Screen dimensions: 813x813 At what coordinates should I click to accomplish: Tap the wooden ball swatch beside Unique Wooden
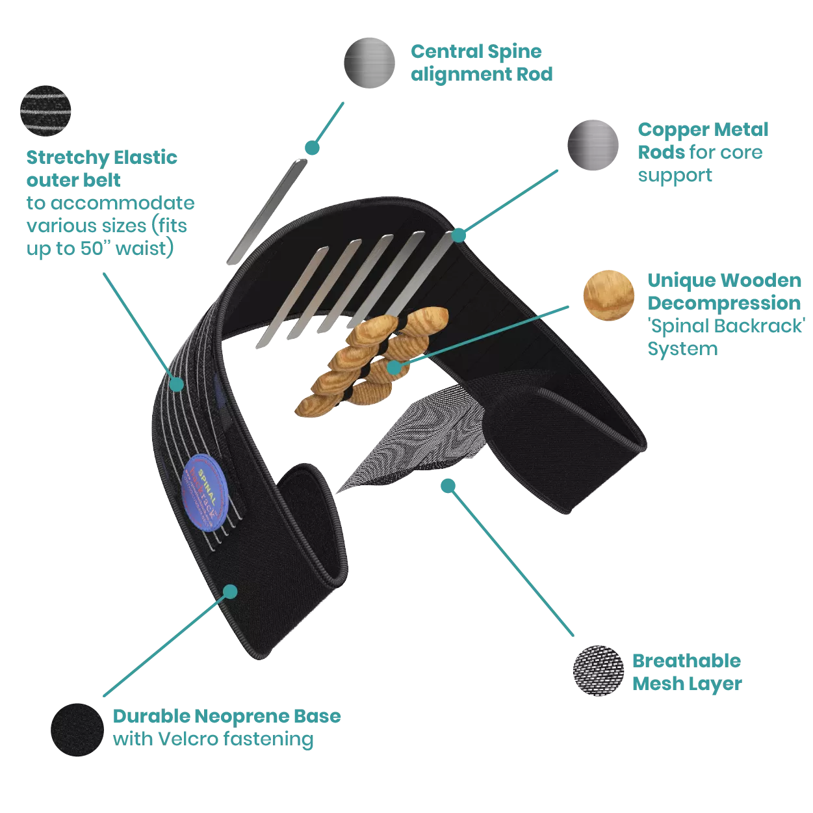(x=608, y=295)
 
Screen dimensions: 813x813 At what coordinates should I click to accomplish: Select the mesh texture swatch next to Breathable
(x=598, y=671)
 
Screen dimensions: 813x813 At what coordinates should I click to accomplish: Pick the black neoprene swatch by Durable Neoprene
(x=75, y=730)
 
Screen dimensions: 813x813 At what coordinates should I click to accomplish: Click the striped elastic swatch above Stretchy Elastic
(x=44, y=111)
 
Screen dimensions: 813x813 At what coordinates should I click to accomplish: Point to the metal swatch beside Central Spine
(x=369, y=62)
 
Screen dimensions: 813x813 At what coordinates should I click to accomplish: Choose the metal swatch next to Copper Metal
(x=593, y=146)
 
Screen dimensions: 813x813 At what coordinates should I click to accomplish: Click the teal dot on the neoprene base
(x=230, y=591)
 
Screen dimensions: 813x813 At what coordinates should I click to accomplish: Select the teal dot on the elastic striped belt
(x=176, y=384)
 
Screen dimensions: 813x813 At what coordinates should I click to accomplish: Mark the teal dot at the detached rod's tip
(x=313, y=148)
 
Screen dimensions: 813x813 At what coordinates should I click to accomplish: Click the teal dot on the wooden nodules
(x=394, y=367)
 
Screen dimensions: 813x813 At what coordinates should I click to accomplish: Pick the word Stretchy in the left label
(x=68, y=158)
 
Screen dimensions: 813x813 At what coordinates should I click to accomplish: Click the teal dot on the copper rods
(x=459, y=234)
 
